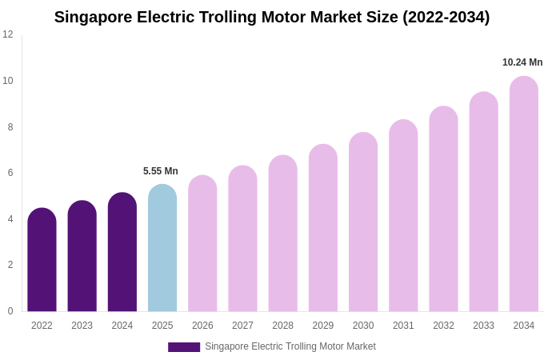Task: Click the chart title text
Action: [x=272, y=17]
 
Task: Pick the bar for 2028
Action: [x=282, y=234]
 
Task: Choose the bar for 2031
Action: [x=403, y=216]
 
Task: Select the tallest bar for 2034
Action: [x=524, y=194]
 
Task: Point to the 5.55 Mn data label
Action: [x=161, y=171]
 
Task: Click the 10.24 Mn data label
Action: [x=522, y=62]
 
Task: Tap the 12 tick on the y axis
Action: [x=8, y=34]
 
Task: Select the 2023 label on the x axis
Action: [x=82, y=326]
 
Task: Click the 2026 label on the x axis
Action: [x=202, y=326]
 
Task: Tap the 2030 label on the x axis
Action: [x=363, y=326]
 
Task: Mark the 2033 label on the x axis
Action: [x=483, y=326]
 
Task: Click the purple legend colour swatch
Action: [x=184, y=347]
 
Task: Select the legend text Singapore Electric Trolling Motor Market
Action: [x=290, y=346]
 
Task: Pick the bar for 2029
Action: [x=323, y=228]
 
